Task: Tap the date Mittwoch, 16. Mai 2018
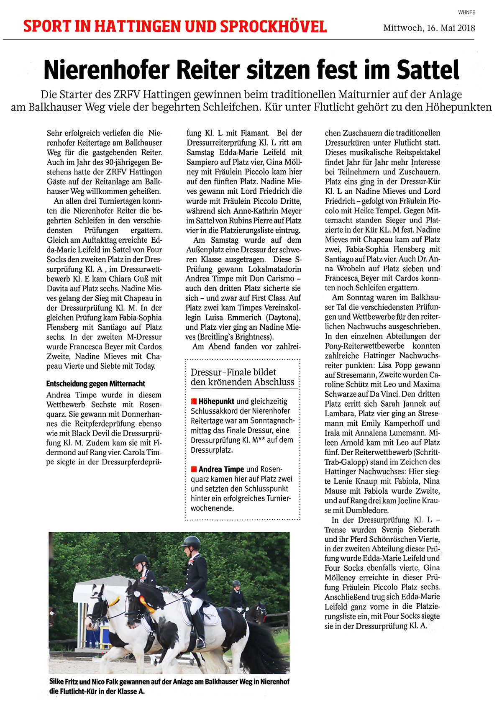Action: [x=429, y=28]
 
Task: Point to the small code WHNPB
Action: [x=466, y=13]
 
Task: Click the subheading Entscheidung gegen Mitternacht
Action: [x=96, y=383]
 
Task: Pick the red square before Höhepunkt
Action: [x=194, y=402]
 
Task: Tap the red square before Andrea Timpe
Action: [x=194, y=469]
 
